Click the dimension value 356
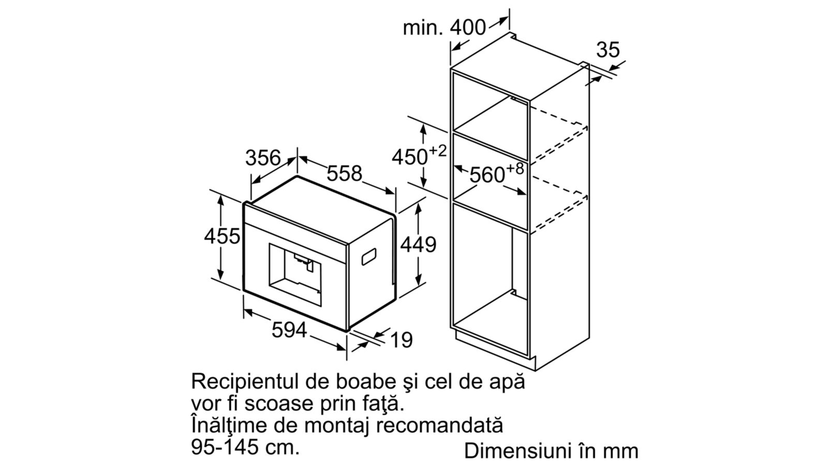[263, 158]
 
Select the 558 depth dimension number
[344, 173]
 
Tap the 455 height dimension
[222, 236]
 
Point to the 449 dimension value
[418, 244]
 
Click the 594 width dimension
[289, 330]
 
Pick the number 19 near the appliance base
[401, 340]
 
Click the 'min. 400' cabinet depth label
[444, 28]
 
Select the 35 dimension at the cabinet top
[608, 50]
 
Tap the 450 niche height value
[409, 157]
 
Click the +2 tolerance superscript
[438, 151]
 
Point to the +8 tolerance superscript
[515, 169]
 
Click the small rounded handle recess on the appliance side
[368, 257]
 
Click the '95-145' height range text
[225, 447]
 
